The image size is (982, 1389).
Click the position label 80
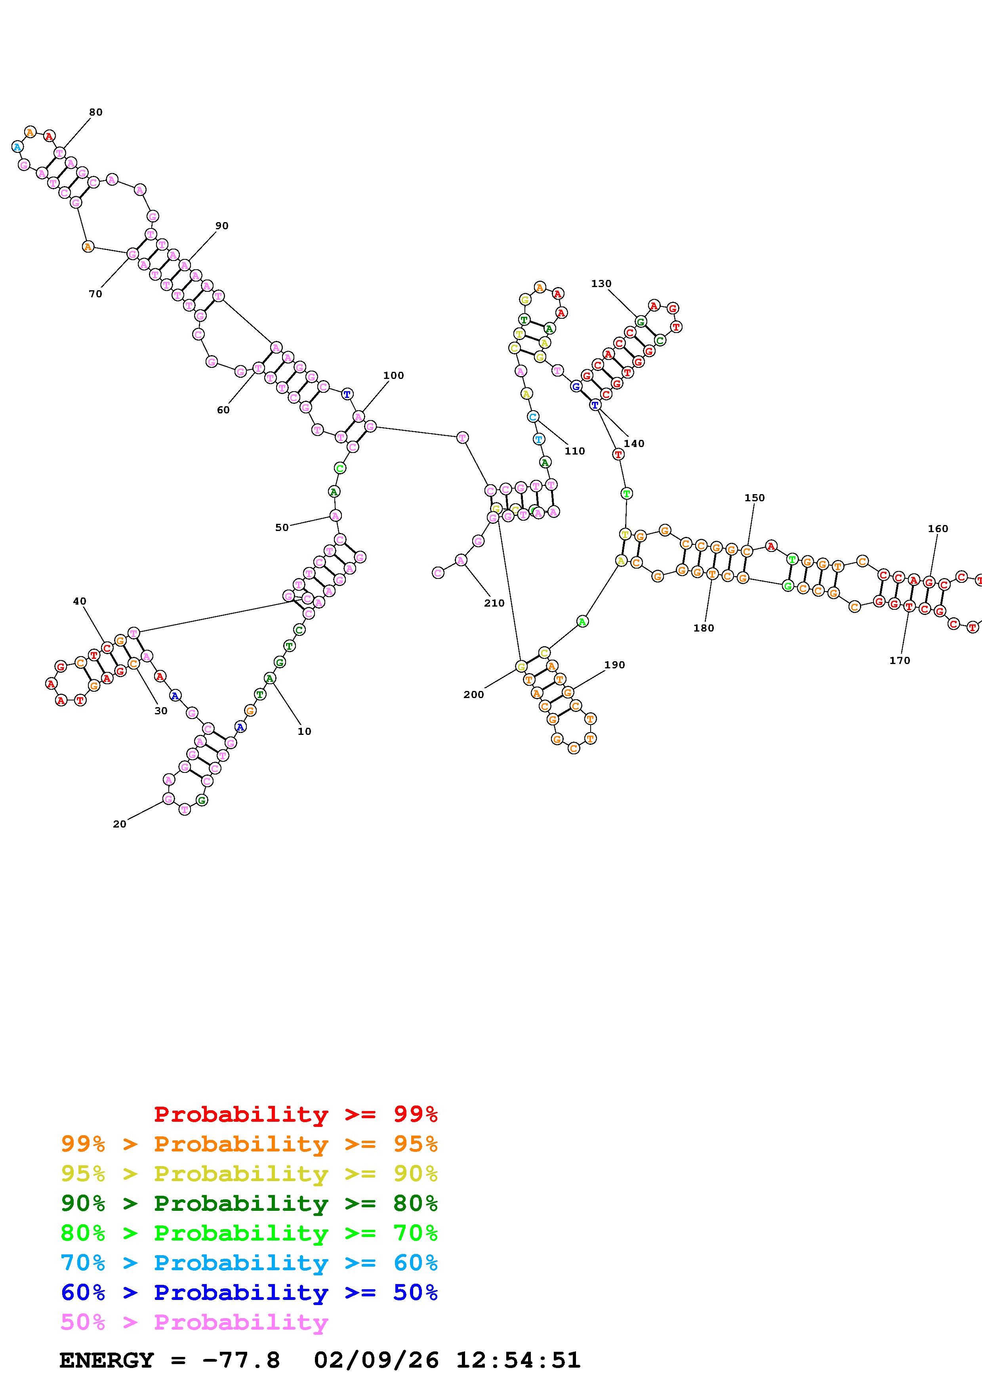(95, 112)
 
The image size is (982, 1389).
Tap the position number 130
(601, 283)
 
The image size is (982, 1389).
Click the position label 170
(899, 660)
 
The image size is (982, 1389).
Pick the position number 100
(393, 375)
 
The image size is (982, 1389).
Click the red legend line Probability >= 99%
(295, 1114)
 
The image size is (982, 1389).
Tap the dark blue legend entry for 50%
(249, 1292)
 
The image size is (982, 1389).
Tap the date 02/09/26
(376, 1360)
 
